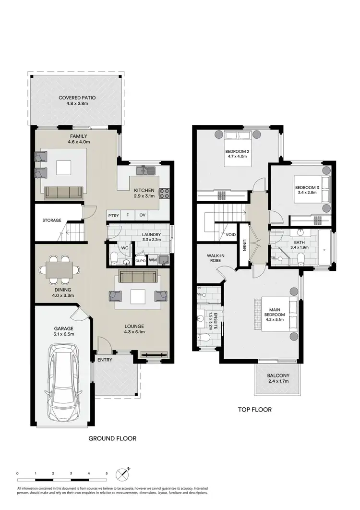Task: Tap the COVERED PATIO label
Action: click(77, 98)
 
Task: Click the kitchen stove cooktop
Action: click(164, 193)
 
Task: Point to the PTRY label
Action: click(113, 216)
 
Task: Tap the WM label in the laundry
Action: click(153, 260)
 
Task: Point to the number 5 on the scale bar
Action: click(107, 474)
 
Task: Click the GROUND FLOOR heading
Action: click(112, 438)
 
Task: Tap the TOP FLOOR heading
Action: click(255, 410)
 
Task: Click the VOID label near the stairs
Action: click(230, 235)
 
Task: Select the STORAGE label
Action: click(51, 220)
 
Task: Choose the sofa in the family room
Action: click(63, 192)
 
